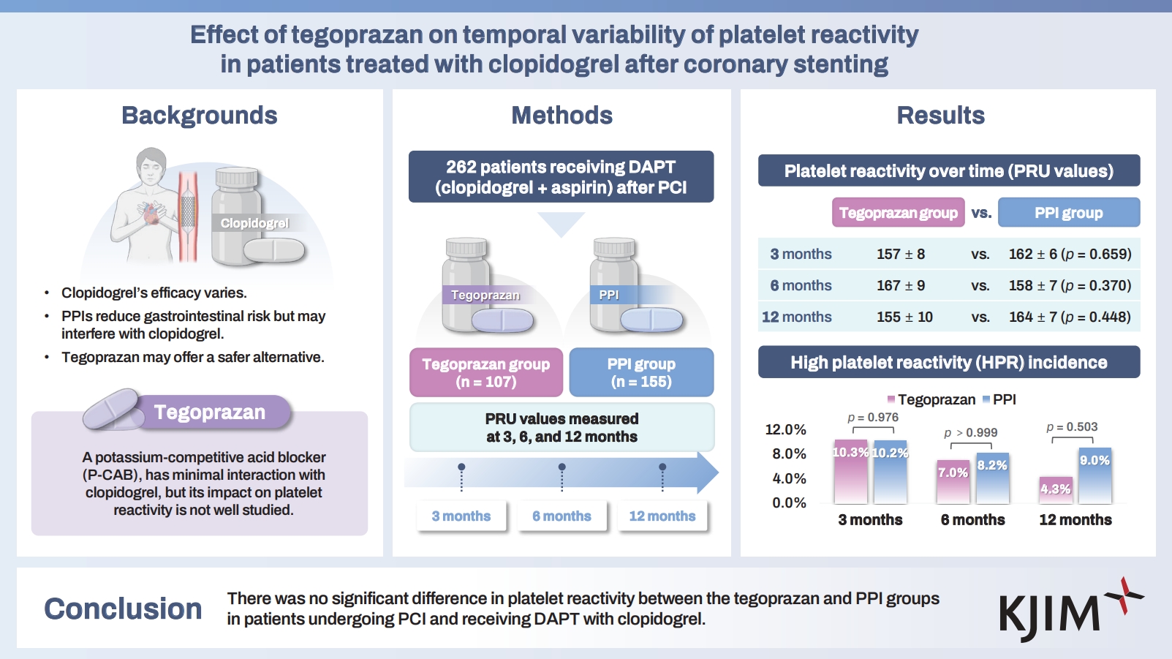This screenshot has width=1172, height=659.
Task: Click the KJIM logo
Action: pyautogui.click(x=1068, y=611)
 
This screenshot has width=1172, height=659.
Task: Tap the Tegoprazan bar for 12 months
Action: pyautogui.click(x=1056, y=489)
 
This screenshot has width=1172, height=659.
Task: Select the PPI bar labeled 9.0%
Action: pyautogui.click(x=1095, y=475)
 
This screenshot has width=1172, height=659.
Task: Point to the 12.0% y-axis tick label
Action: pyautogui.click(x=785, y=429)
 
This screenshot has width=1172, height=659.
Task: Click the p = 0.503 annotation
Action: pyautogui.click(x=1072, y=427)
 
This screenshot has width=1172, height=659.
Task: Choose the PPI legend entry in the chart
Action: pyautogui.click(x=999, y=399)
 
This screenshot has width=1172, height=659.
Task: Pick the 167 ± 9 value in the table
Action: pyautogui.click(x=901, y=285)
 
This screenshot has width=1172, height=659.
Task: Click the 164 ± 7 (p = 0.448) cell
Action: pyautogui.click(x=1070, y=317)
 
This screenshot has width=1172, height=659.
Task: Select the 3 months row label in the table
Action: pyautogui.click(x=801, y=254)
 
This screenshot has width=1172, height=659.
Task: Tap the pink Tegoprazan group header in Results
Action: pyautogui.click(x=898, y=213)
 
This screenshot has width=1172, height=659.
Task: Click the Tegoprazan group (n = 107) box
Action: pyautogui.click(x=486, y=372)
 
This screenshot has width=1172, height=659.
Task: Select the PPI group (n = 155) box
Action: pyautogui.click(x=641, y=372)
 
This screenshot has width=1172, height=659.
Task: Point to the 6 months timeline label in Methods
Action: pyautogui.click(x=562, y=516)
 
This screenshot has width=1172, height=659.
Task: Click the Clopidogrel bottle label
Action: pyautogui.click(x=254, y=223)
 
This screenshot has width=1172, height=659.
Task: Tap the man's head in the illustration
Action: pyautogui.click(x=151, y=167)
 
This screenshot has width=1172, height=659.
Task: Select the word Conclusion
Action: pyautogui.click(x=123, y=609)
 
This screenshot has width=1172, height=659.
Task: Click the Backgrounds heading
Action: pyautogui.click(x=200, y=116)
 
